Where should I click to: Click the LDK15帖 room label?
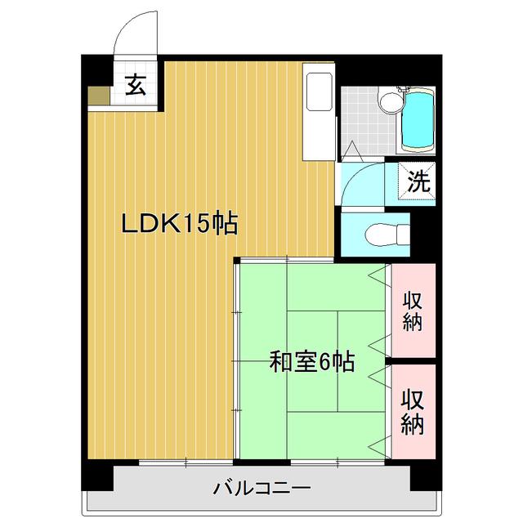coord(180,223)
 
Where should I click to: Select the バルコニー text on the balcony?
coord(261,489)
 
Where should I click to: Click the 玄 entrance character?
coord(136,85)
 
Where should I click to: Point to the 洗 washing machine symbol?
coord(417,181)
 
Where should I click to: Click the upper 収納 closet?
coord(413,311)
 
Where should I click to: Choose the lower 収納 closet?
coord(413,411)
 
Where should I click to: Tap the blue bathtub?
coord(418,120)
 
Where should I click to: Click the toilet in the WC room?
coord(387,235)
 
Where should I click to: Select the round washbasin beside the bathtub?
coord(391,101)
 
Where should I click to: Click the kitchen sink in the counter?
coord(320,92)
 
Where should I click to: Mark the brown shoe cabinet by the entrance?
coord(99,96)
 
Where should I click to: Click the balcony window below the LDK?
coord(186,462)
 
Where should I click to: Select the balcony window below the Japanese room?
coord(337,462)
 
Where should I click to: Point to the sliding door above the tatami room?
coord(287,259)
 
